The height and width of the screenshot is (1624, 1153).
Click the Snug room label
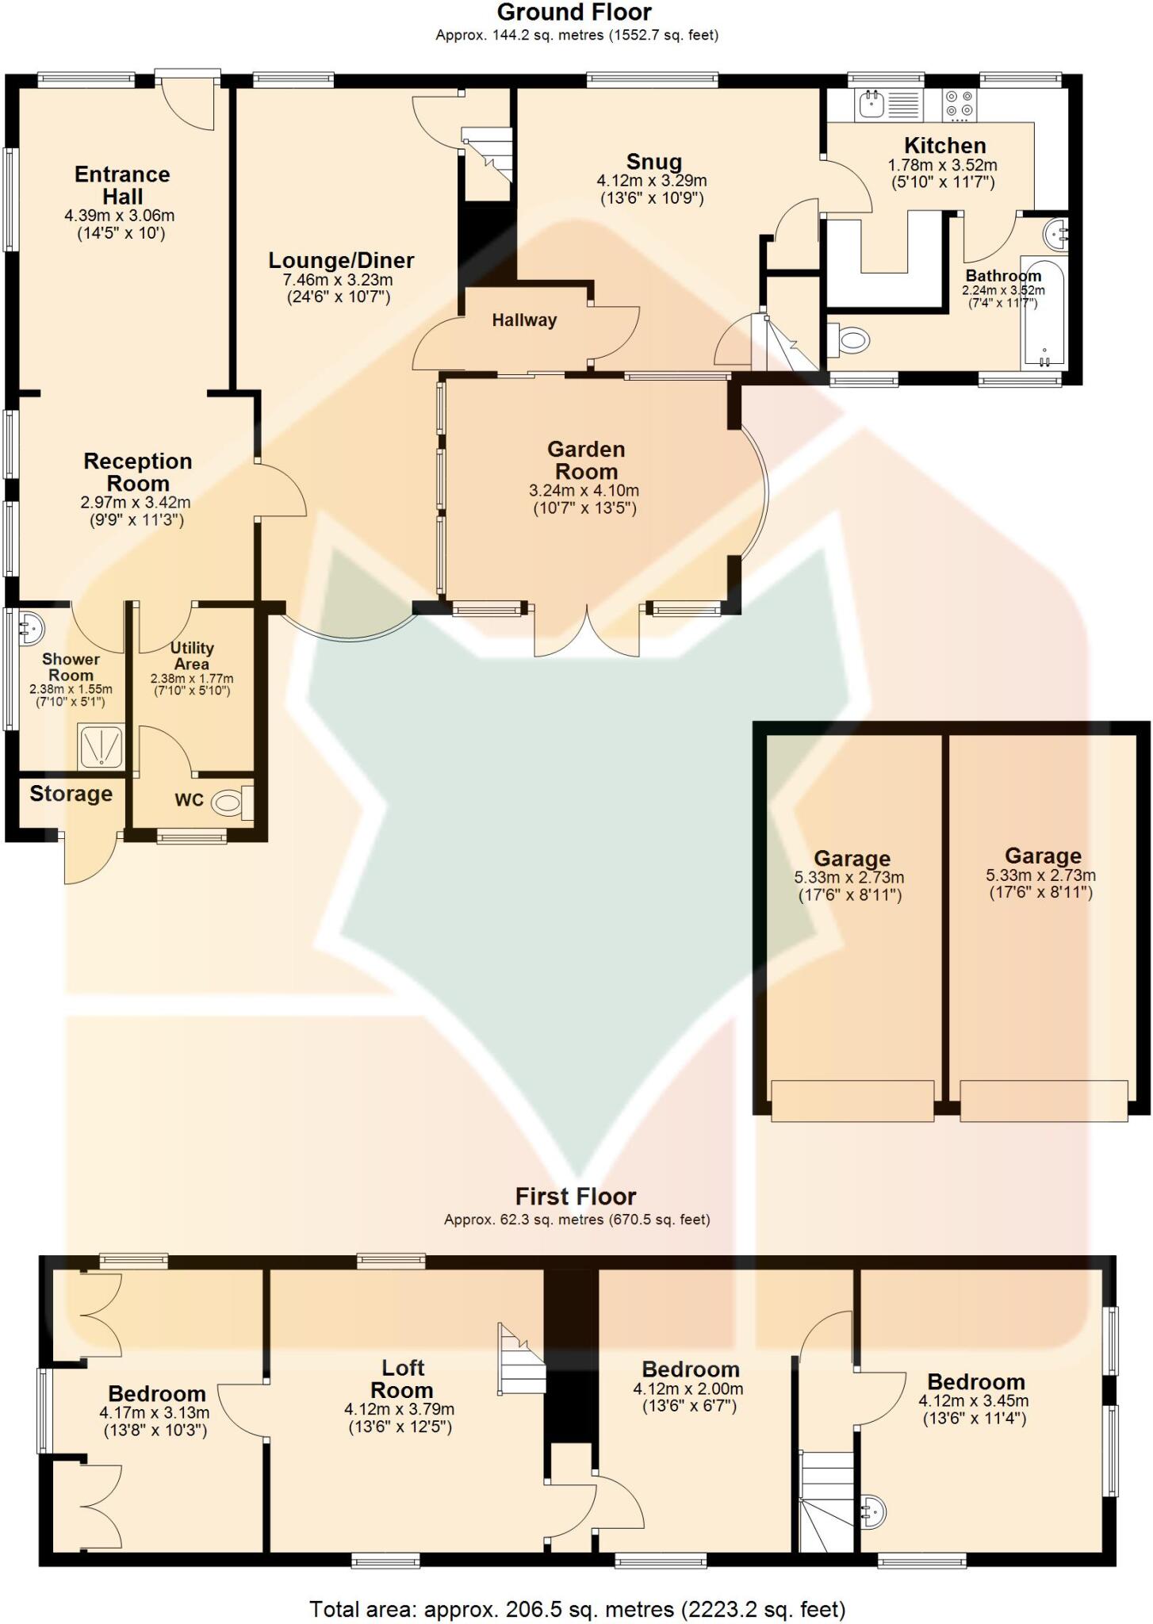coord(653,162)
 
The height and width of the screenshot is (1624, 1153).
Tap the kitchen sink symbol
coord(872,103)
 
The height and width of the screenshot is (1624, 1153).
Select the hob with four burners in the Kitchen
coord(960,105)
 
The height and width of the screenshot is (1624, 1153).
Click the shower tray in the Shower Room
coord(101,746)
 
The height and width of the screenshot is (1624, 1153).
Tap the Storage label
coord(71,794)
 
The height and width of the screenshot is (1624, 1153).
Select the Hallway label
coord(524,320)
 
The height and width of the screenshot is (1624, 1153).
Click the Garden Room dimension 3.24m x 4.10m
coord(584,491)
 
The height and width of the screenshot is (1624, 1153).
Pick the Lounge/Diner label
coord(341,260)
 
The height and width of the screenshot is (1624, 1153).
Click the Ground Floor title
coord(574,13)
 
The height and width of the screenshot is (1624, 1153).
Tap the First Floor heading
coord(576,1197)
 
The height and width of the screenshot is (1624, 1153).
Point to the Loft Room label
coord(402,1379)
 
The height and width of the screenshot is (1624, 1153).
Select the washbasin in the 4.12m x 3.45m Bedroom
coord(872,1511)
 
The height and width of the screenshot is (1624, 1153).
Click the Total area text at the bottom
coord(576,1609)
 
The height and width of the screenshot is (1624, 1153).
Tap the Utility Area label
coord(192,656)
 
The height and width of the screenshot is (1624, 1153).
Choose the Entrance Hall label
coord(122,186)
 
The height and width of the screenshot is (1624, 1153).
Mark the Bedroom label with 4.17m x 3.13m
coord(156,1393)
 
